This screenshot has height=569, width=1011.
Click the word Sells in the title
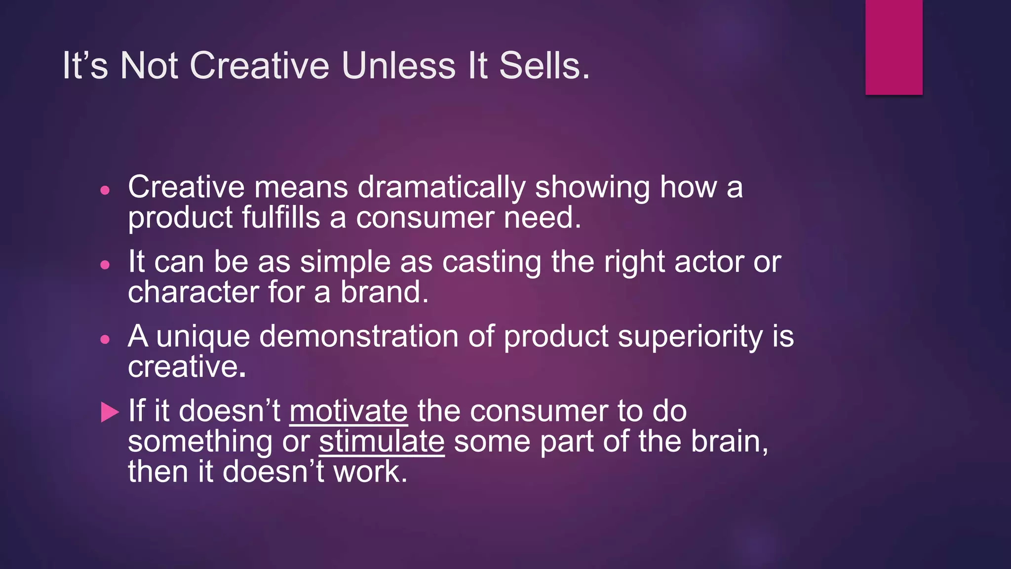tap(544, 66)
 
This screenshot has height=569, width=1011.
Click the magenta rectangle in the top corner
tap(894, 47)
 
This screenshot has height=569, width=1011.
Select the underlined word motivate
tap(349, 411)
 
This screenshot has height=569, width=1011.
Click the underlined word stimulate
tap(382, 441)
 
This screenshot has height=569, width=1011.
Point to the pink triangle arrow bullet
tap(110, 412)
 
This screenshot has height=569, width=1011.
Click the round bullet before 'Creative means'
tap(105, 190)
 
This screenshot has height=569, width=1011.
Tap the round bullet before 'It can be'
tap(105, 265)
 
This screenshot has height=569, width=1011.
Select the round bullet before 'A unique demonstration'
tap(105, 339)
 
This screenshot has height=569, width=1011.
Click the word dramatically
tap(441, 188)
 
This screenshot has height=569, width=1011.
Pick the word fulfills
tap(280, 218)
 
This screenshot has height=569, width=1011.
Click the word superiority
tap(690, 337)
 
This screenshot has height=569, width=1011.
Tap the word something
tap(200, 442)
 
